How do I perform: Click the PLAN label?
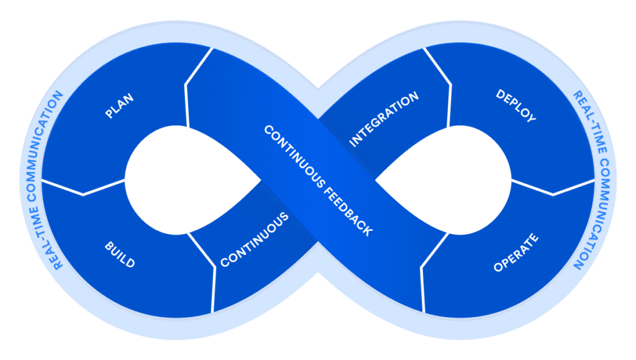[x=119, y=106]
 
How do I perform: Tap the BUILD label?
[x=119, y=254]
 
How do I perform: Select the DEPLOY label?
[x=516, y=106]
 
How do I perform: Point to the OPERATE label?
[x=516, y=253]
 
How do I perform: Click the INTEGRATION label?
[x=384, y=119]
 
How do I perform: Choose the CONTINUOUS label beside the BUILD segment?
[x=255, y=240]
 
